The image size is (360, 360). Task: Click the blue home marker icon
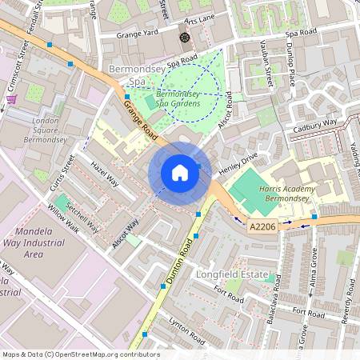180,173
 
